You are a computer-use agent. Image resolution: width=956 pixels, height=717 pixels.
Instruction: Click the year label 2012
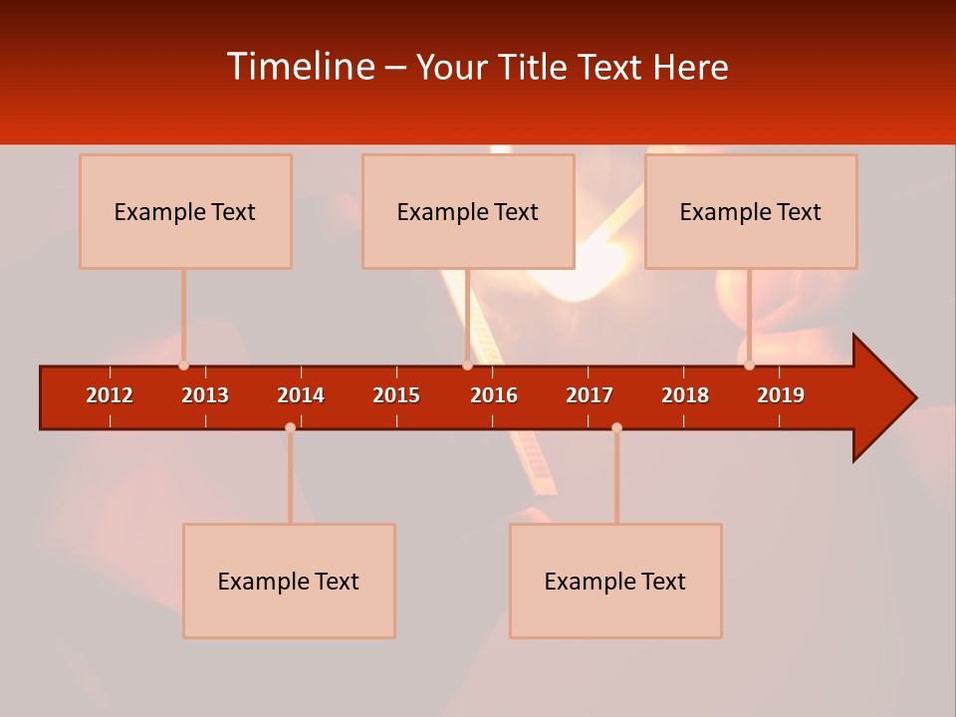click(110, 395)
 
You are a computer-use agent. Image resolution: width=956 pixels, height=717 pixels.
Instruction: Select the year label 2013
click(205, 395)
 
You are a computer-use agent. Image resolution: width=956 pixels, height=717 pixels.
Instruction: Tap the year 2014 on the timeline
click(301, 395)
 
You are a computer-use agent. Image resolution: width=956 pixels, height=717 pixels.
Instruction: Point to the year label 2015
click(396, 395)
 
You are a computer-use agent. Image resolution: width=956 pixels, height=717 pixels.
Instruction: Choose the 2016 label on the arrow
click(494, 395)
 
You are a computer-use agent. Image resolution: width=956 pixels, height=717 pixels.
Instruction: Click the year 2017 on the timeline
click(590, 395)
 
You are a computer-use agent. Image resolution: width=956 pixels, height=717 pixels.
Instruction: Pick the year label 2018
click(685, 395)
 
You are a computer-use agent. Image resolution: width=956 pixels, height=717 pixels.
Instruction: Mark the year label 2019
click(781, 395)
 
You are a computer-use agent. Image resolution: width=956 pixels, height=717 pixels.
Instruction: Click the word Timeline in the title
click(300, 67)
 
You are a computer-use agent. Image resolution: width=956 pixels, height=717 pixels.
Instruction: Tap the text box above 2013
click(185, 211)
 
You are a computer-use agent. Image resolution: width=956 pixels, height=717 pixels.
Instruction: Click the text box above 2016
click(468, 211)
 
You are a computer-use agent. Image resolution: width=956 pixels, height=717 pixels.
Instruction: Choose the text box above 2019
click(751, 211)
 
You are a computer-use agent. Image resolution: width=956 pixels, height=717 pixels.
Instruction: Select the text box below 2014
click(289, 581)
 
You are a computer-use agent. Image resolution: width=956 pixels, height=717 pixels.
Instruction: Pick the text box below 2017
click(615, 581)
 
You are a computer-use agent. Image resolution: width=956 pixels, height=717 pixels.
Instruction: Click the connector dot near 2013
click(183, 365)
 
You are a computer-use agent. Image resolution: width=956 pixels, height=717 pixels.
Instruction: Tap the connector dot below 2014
click(290, 427)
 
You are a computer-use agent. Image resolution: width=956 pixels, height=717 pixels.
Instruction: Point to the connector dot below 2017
click(616, 427)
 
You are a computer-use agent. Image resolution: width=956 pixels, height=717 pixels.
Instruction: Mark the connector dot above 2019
click(749, 365)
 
